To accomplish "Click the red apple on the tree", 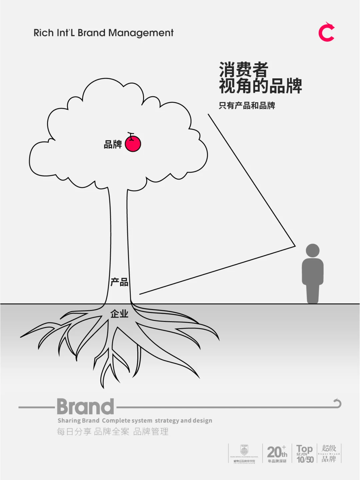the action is click(x=133, y=144).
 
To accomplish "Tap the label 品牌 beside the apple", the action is click(x=113, y=144).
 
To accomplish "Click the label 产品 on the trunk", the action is click(x=119, y=282).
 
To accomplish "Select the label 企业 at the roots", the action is click(x=119, y=314).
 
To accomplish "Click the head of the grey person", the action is click(x=312, y=250).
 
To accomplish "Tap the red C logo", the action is click(x=326, y=32).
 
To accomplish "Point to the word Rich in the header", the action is click(x=43, y=33).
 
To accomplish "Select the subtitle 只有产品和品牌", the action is click(x=247, y=106).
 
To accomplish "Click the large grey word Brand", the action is click(x=85, y=407).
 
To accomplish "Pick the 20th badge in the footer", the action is click(x=277, y=454).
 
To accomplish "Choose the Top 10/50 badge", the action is click(x=305, y=454).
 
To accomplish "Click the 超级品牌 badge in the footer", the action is click(x=329, y=453).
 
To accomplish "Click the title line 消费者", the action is click(x=244, y=70).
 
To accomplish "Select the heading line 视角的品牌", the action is click(x=260, y=86).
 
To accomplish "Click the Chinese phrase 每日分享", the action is click(x=74, y=432).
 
